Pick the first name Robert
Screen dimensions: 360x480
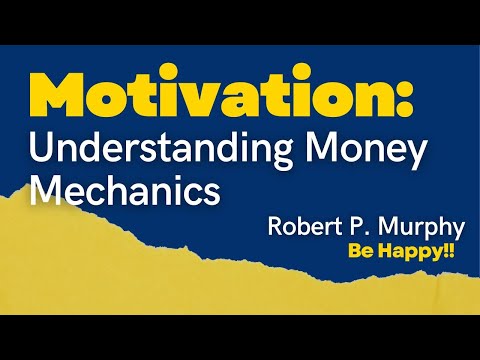click(x=303, y=226)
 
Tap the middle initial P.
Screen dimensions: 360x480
click(x=352, y=226)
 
